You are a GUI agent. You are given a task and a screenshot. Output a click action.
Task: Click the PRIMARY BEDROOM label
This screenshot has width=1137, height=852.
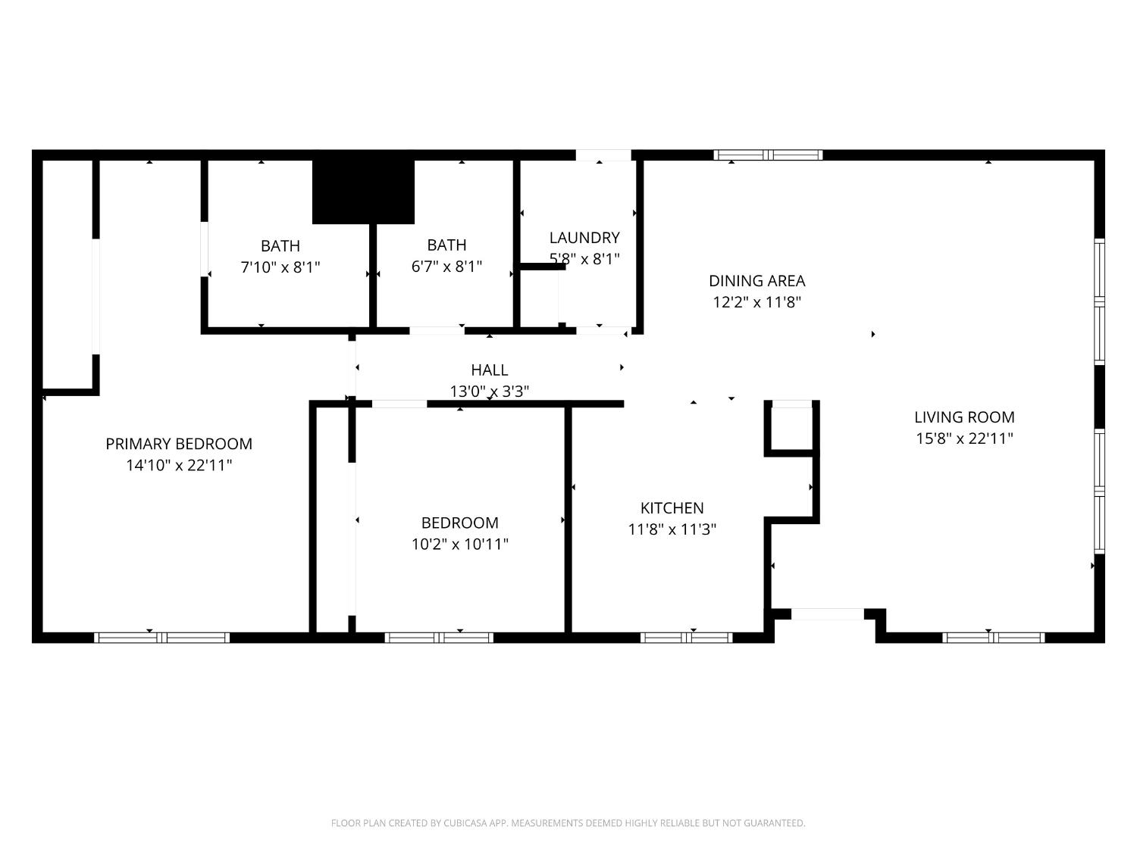[x=179, y=444]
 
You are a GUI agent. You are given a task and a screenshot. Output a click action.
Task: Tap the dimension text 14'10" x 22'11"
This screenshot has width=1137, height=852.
[x=179, y=465]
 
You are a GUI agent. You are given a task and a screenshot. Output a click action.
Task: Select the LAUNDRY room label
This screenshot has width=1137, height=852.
[x=584, y=238]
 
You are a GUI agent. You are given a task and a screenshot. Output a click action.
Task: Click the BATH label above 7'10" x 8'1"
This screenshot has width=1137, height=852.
[x=280, y=246]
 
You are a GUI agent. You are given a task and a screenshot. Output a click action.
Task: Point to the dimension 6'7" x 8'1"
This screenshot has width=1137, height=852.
[x=446, y=267]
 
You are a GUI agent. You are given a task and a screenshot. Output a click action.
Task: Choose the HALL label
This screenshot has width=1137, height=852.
[x=490, y=370]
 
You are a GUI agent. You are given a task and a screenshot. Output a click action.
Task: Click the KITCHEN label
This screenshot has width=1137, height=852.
[x=672, y=508]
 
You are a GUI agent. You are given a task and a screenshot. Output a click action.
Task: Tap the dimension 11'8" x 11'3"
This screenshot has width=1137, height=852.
[x=672, y=529]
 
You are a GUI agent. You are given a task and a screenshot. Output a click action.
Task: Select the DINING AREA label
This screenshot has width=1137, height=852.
[x=756, y=281]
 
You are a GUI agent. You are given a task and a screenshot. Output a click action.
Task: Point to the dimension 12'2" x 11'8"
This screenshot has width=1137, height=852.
[x=756, y=302]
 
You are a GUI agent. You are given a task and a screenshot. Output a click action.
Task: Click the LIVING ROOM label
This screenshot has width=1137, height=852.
[x=964, y=417]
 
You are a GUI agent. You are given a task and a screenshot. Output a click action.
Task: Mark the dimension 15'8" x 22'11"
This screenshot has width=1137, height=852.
[x=964, y=438]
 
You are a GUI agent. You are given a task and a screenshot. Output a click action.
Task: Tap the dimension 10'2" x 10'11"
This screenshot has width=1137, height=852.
[x=460, y=544]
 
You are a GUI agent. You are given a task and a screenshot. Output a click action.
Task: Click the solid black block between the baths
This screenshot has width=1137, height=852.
[x=364, y=192]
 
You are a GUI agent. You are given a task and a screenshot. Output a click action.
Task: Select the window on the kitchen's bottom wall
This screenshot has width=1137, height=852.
[x=687, y=638]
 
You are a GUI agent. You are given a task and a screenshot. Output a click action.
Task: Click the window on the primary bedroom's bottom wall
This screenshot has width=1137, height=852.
[x=161, y=638]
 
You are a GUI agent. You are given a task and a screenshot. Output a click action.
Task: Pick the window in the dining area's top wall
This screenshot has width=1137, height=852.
[x=768, y=155]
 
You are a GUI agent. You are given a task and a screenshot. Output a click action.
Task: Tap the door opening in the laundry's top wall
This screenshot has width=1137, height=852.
[x=603, y=155]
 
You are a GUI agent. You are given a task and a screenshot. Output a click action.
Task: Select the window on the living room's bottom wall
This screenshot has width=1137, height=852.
[x=993, y=638]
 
